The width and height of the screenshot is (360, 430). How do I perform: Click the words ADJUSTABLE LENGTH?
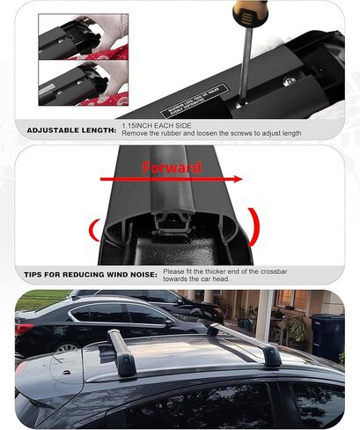[x=71, y=130]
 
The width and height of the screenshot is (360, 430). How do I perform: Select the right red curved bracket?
[x=254, y=226]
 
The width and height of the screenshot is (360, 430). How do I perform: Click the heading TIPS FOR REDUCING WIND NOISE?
[x=87, y=273]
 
